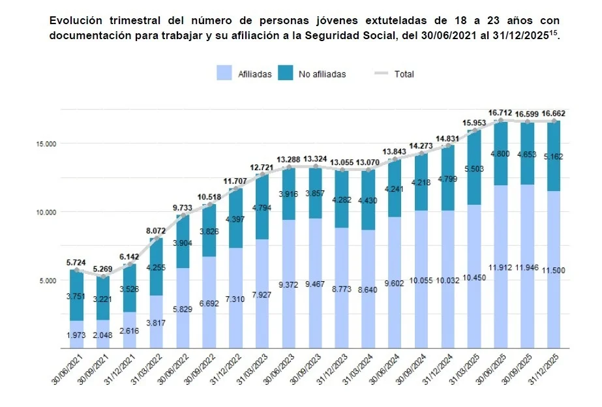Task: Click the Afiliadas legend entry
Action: [x=245, y=74]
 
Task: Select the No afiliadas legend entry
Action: [x=312, y=74]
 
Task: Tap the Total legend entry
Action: [x=394, y=74]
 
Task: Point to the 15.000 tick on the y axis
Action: [x=45, y=143]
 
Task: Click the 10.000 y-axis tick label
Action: [x=45, y=212]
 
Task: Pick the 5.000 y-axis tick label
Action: [x=47, y=280]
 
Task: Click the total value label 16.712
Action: [x=500, y=112]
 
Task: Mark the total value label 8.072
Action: [x=156, y=230]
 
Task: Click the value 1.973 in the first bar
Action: [x=77, y=335]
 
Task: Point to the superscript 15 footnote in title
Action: [x=554, y=31]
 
